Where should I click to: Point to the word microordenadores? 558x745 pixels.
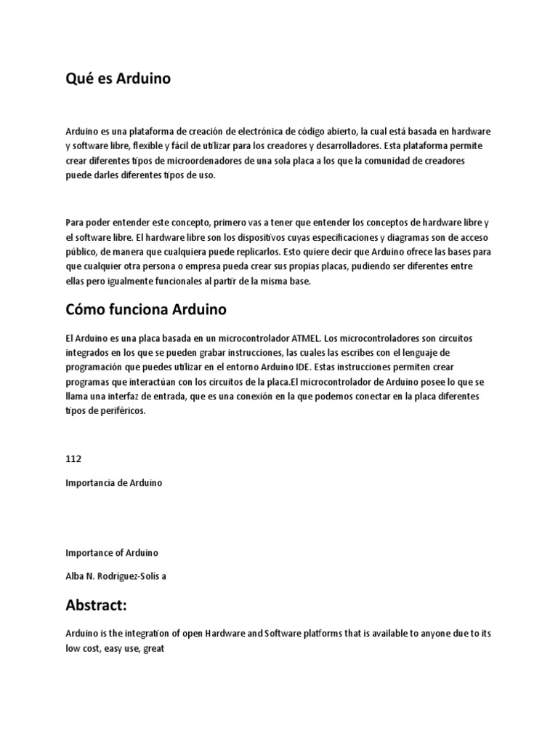click(217, 161)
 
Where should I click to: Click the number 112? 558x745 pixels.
click(73, 459)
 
